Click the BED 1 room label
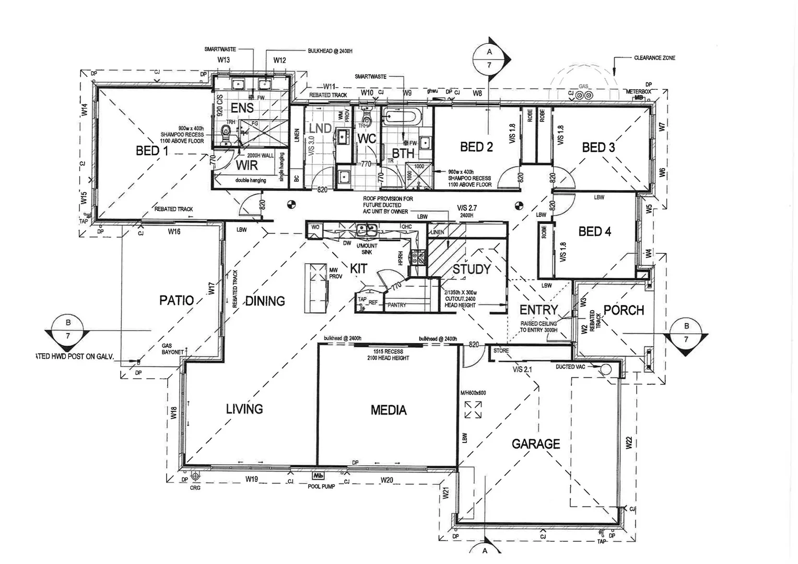click(x=152, y=151)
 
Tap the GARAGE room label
click(x=535, y=444)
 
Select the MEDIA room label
click(x=388, y=410)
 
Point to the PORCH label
click(x=624, y=310)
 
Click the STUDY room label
click(x=471, y=269)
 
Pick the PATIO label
click(x=176, y=300)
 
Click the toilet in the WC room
click(x=365, y=119)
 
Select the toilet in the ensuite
click(x=227, y=131)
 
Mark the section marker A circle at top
click(x=489, y=58)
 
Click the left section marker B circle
click(x=68, y=329)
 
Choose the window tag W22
click(x=629, y=443)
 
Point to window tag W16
click(x=174, y=231)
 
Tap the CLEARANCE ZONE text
click(x=654, y=58)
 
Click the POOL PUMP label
click(x=321, y=486)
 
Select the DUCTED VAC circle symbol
click(x=606, y=370)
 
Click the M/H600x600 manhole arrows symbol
click(x=473, y=409)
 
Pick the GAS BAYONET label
click(x=173, y=349)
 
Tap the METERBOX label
click(x=638, y=91)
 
